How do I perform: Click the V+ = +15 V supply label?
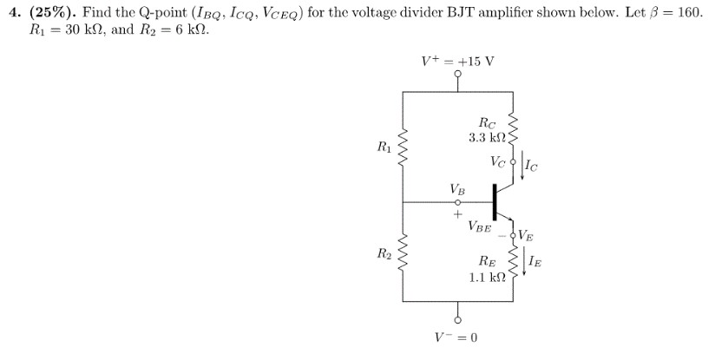click(457, 62)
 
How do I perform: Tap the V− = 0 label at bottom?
click(456, 337)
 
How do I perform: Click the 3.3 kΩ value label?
click(488, 139)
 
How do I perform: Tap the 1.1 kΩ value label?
click(487, 278)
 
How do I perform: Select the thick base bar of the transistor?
click(495, 201)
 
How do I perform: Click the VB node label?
click(456, 188)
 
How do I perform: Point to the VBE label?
click(480, 227)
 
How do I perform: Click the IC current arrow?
click(524, 168)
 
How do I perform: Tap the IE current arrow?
click(524, 259)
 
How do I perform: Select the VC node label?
click(497, 160)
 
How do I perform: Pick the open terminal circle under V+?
click(457, 75)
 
